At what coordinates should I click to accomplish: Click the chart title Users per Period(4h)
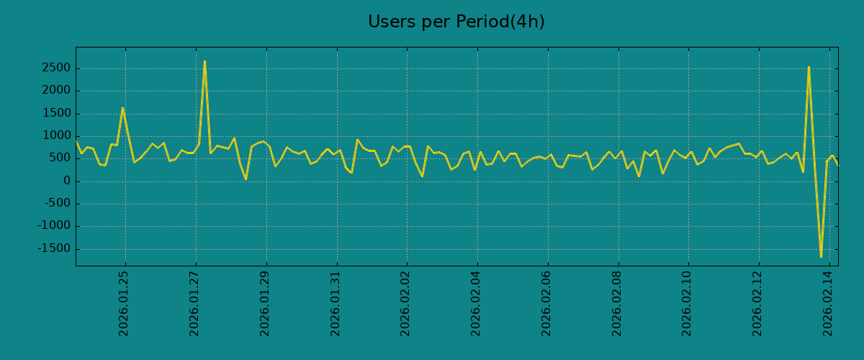[x=456, y=22]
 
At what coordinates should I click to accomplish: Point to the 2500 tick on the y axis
[x=56, y=68]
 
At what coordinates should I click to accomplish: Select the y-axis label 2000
[x=56, y=91]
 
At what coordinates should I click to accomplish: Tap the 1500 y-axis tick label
[x=56, y=114]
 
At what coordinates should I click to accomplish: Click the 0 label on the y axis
[x=66, y=181]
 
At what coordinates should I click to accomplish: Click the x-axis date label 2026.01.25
[x=124, y=303]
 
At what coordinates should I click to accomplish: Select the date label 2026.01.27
[x=194, y=303]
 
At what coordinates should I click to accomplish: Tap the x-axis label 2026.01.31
[x=336, y=303]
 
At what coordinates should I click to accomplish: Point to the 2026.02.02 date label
[x=406, y=303]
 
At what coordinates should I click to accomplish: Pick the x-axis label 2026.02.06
[x=546, y=303]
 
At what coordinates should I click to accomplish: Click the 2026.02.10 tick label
[x=688, y=303]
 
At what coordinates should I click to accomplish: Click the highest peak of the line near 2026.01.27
[x=204, y=61]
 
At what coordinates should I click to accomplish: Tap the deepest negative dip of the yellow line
[x=821, y=256]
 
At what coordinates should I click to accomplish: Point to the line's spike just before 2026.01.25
[x=122, y=108]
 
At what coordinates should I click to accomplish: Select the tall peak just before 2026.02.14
[x=809, y=67]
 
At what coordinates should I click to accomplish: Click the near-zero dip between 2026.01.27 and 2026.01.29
[x=246, y=179]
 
